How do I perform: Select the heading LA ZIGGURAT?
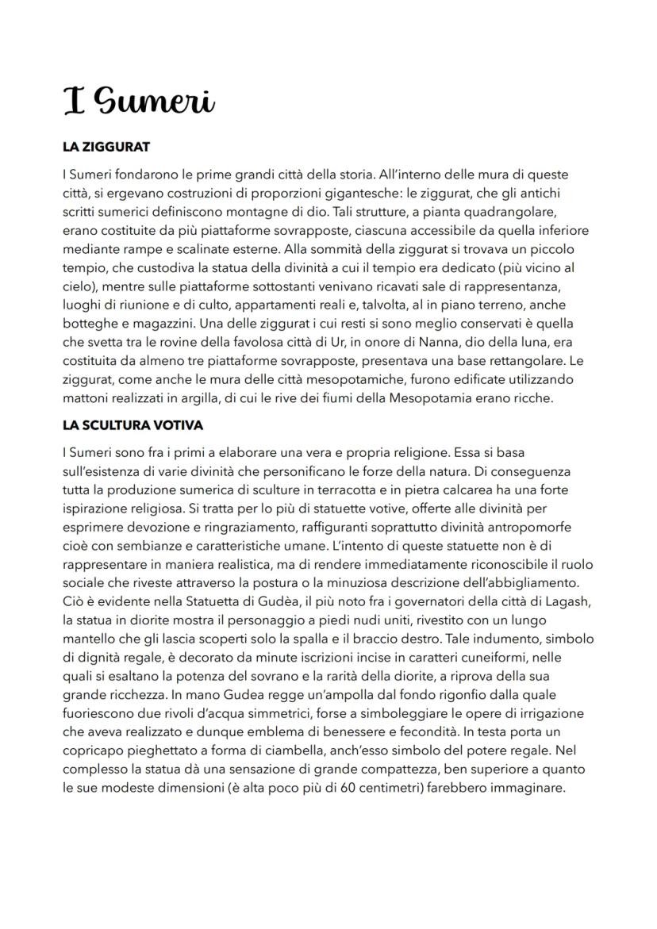pos(106,148)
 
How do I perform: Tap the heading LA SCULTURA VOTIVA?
pos(133,425)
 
